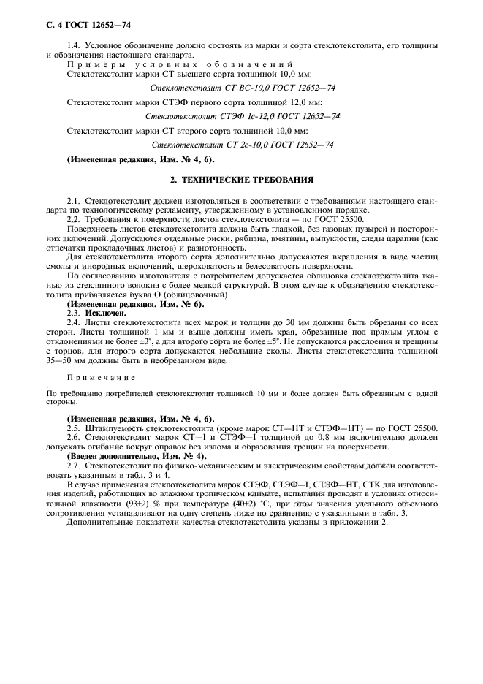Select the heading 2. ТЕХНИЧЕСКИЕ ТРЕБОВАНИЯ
pyautogui.click(x=241, y=178)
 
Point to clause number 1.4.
pyautogui.click(x=73, y=46)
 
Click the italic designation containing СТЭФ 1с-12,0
pyautogui.click(x=242, y=116)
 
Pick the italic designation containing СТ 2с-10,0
pyautogui.click(x=242, y=145)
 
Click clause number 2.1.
pyautogui.click(x=73, y=199)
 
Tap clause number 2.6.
pyautogui.click(x=73, y=436)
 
